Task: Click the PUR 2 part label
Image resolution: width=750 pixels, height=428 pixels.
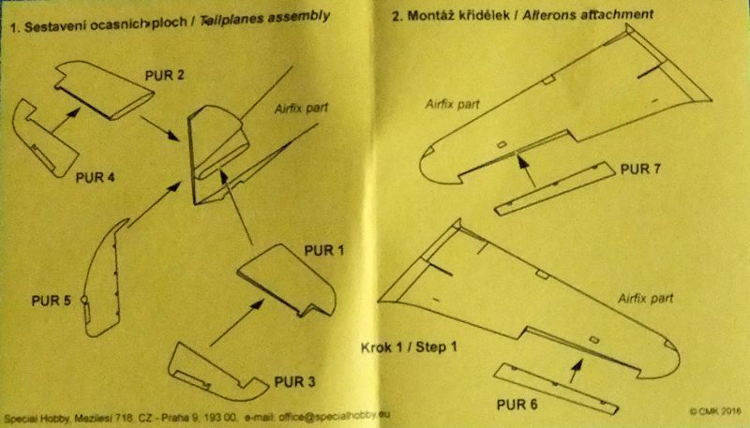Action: pyautogui.click(x=165, y=76)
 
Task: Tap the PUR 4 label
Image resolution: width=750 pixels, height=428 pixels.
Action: pyautogui.click(x=96, y=178)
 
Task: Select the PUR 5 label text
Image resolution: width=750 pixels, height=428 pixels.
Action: pyautogui.click(x=52, y=301)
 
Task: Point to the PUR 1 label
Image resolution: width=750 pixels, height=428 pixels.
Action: pyautogui.click(x=324, y=250)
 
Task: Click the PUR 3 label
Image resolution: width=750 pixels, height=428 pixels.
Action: pyautogui.click(x=294, y=382)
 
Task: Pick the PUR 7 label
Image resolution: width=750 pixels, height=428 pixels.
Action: pyautogui.click(x=640, y=170)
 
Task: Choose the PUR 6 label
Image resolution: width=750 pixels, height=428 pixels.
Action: pyautogui.click(x=517, y=405)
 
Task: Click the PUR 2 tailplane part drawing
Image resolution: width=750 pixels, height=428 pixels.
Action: pyautogui.click(x=104, y=90)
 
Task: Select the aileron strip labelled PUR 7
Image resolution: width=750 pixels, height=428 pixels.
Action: pyautogui.click(x=555, y=188)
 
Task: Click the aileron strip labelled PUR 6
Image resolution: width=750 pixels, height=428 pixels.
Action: pyautogui.click(x=556, y=389)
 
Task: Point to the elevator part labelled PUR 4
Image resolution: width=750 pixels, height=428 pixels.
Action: pyautogui.click(x=44, y=139)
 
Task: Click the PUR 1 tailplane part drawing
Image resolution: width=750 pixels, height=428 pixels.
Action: pyautogui.click(x=287, y=280)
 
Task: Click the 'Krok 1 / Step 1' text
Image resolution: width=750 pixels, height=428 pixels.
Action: pyautogui.click(x=409, y=347)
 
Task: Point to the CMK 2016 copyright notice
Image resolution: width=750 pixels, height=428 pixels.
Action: pyautogui.click(x=715, y=411)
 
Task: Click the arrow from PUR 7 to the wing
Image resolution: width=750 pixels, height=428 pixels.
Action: pyautogui.click(x=527, y=171)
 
